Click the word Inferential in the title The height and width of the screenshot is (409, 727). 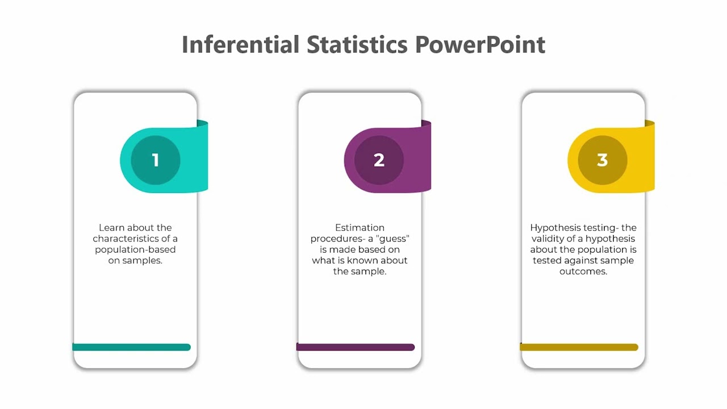point(240,44)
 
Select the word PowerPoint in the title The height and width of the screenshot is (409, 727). point(480,44)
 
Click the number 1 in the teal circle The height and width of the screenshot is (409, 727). point(156,160)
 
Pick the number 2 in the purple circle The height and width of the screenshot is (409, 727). point(379,160)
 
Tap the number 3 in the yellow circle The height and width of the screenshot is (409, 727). point(603,160)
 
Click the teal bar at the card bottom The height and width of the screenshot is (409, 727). point(132,347)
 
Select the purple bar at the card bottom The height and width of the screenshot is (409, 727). point(356,347)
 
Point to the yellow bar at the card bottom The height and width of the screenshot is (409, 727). point(579,347)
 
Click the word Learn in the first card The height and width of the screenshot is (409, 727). point(111,228)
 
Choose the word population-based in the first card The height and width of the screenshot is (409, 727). point(135,250)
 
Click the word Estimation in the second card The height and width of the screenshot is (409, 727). point(360,228)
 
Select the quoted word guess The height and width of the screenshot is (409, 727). point(393,239)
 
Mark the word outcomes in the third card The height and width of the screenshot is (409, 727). point(583,272)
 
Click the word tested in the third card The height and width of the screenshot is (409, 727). point(546,261)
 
